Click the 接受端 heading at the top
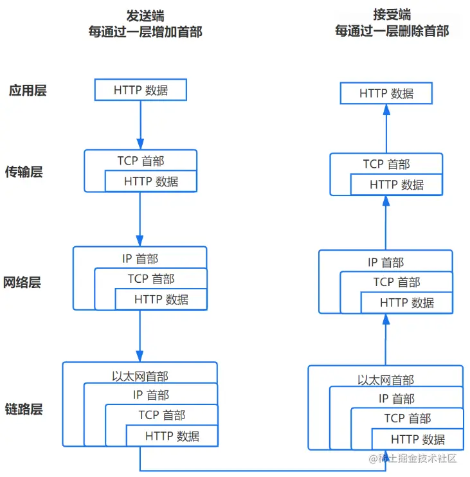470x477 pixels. point(392,15)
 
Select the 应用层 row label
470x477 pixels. point(28,90)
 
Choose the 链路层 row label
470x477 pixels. point(24,409)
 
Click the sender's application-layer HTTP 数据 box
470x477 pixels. point(140,90)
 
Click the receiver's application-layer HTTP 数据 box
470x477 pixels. point(386,94)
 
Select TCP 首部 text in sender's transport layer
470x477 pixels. point(140,161)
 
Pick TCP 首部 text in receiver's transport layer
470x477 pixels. point(386,164)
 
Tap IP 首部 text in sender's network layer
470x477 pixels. point(140,258)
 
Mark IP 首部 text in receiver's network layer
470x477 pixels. point(386,262)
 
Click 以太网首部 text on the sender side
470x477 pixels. point(140,376)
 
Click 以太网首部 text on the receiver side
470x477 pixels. point(386,380)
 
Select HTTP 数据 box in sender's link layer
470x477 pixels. point(172,437)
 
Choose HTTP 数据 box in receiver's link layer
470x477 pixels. point(417,440)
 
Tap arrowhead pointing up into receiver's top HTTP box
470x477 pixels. point(386,109)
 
